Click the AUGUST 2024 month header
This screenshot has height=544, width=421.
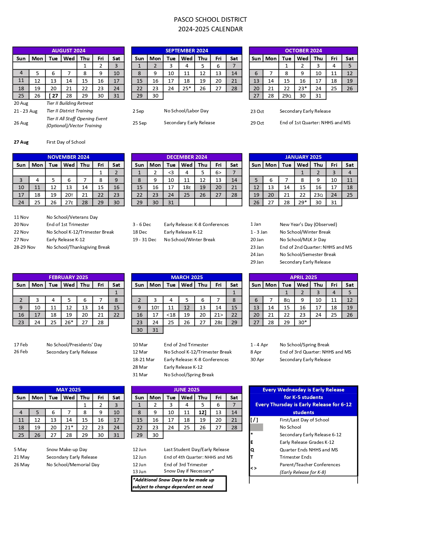point(68,50)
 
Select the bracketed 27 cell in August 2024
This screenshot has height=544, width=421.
point(53,96)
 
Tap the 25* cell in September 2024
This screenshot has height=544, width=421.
point(187,88)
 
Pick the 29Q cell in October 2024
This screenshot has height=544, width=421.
point(286,96)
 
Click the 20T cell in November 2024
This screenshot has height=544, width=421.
point(69,195)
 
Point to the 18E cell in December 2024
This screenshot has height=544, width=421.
point(187,187)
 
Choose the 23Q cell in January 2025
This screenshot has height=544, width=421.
point(318,195)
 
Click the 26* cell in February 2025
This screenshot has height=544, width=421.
point(69,323)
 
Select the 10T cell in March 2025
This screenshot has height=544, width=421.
point(155,308)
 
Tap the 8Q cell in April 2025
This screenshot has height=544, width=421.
point(286,300)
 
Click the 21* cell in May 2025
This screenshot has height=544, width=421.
point(69,428)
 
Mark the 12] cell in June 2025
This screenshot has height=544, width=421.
point(202,413)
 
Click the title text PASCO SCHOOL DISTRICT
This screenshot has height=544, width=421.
point(210,20)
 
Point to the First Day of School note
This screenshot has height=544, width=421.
point(66,142)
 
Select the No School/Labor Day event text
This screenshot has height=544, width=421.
point(186,111)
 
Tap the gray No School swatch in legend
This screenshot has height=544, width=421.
point(257,427)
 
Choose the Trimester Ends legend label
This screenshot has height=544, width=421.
point(295,457)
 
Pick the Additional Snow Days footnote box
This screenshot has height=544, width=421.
point(178,483)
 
